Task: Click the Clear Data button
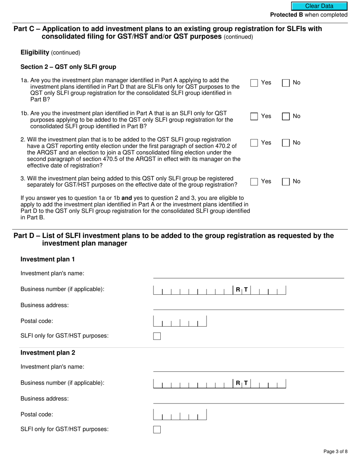click(x=319, y=6)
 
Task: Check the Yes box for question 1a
click(x=254, y=83)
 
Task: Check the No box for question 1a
click(x=286, y=83)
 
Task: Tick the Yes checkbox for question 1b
click(x=254, y=116)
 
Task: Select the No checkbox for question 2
click(x=286, y=143)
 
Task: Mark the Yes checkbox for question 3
click(x=254, y=182)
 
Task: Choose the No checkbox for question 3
click(x=286, y=182)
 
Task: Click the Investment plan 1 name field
click(x=248, y=274)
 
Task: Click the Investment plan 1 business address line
click(x=248, y=305)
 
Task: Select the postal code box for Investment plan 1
click(x=180, y=321)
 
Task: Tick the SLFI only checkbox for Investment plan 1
click(x=157, y=336)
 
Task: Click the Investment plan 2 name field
click(x=248, y=367)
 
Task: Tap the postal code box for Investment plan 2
click(x=180, y=414)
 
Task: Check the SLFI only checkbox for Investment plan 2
click(x=157, y=429)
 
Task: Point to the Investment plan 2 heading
click(x=48, y=353)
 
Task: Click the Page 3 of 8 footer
click(x=335, y=452)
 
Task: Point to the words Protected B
click(x=286, y=15)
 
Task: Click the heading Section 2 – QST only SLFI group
click(x=68, y=67)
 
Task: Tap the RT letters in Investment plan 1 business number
click(x=242, y=290)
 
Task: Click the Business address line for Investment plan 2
click(x=248, y=399)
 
